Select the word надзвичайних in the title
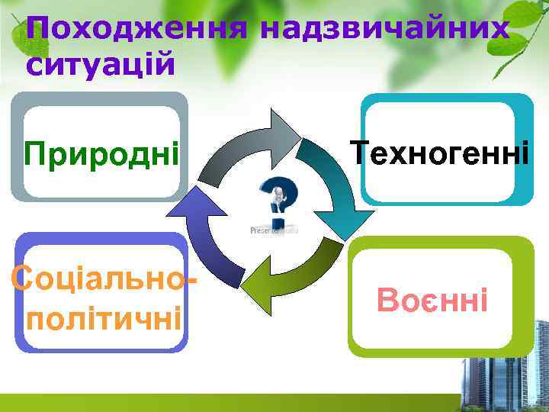384,30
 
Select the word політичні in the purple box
104,314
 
